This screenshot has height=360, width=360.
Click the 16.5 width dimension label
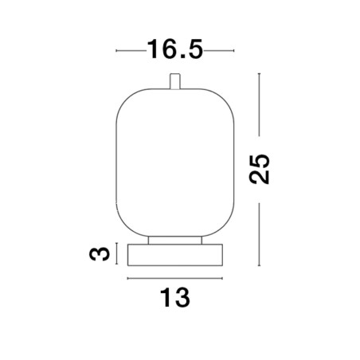(175, 49)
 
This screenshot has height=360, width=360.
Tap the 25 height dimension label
(260, 169)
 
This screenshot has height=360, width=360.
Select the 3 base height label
(100, 254)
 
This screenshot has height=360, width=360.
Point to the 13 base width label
(175, 298)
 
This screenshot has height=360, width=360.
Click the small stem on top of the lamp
(175, 81)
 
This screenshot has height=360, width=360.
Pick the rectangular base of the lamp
(175, 255)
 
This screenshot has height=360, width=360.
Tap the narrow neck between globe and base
(175, 241)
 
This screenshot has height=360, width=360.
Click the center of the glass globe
(175, 162)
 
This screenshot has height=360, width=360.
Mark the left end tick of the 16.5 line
(116, 50)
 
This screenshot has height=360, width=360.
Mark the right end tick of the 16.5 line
(233, 50)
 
